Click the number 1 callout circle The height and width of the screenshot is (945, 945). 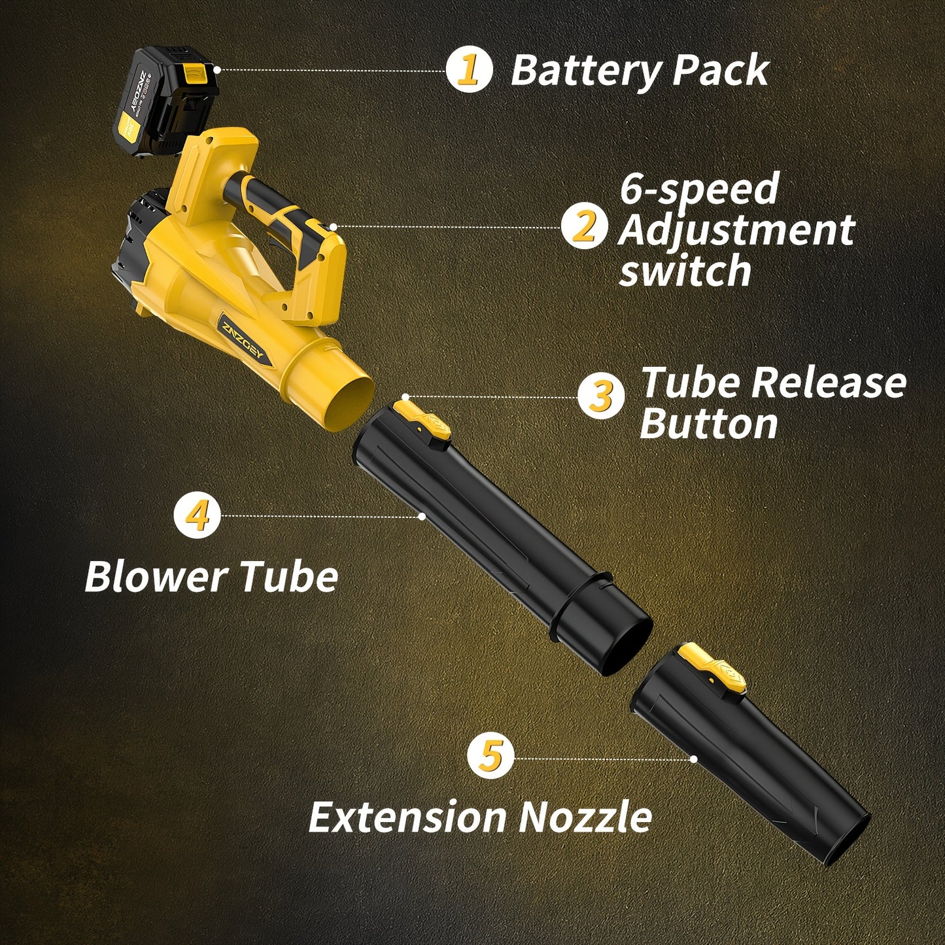[469, 70]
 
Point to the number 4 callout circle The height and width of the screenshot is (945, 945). [197, 516]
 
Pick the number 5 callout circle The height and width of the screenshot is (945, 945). [490, 757]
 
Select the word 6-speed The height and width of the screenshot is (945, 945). [698, 189]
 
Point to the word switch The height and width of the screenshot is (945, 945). [685, 270]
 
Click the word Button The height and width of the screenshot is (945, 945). [709, 424]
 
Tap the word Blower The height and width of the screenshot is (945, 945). [156, 577]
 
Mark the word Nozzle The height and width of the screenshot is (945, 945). [585, 817]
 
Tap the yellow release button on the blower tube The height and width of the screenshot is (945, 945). [422, 419]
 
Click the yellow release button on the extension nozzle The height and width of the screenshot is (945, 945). [712, 666]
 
